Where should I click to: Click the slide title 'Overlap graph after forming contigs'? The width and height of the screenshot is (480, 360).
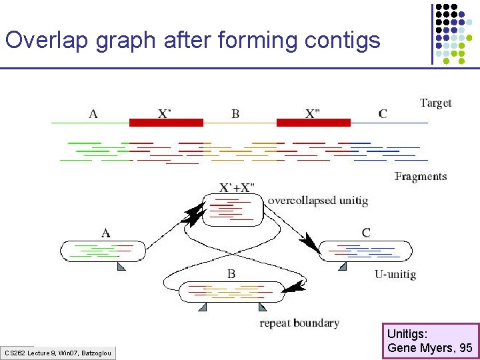pyautogui.click(x=193, y=40)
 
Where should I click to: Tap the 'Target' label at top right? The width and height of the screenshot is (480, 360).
pyautogui.click(x=435, y=103)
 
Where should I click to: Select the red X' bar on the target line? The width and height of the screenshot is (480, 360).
pyautogui.click(x=166, y=123)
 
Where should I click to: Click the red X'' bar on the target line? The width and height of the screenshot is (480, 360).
pyautogui.click(x=313, y=123)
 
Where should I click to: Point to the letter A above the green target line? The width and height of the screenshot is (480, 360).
pyautogui.click(x=93, y=113)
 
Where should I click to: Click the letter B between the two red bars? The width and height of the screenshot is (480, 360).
pyautogui.click(x=235, y=114)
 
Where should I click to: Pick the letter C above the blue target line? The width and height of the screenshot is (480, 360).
pyautogui.click(x=383, y=113)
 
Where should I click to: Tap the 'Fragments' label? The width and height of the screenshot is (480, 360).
pyautogui.click(x=421, y=177)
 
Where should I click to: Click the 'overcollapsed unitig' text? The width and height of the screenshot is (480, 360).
pyautogui.click(x=317, y=200)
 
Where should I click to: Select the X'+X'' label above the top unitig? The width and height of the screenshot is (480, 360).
pyautogui.click(x=237, y=187)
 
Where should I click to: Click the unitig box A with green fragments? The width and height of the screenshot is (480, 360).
pyautogui.click(x=102, y=251)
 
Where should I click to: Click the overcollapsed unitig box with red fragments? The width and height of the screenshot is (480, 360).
pyautogui.click(x=233, y=209)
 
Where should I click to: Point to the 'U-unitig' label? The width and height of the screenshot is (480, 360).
pyautogui.click(x=395, y=274)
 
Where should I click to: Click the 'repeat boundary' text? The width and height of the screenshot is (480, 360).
pyautogui.click(x=299, y=323)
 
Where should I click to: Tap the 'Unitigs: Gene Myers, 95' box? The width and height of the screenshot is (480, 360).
pyautogui.click(x=430, y=341)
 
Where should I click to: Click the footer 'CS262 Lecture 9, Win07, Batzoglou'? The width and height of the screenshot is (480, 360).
pyautogui.click(x=58, y=353)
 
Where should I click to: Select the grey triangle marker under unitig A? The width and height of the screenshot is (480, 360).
pyautogui.click(x=121, y=267)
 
